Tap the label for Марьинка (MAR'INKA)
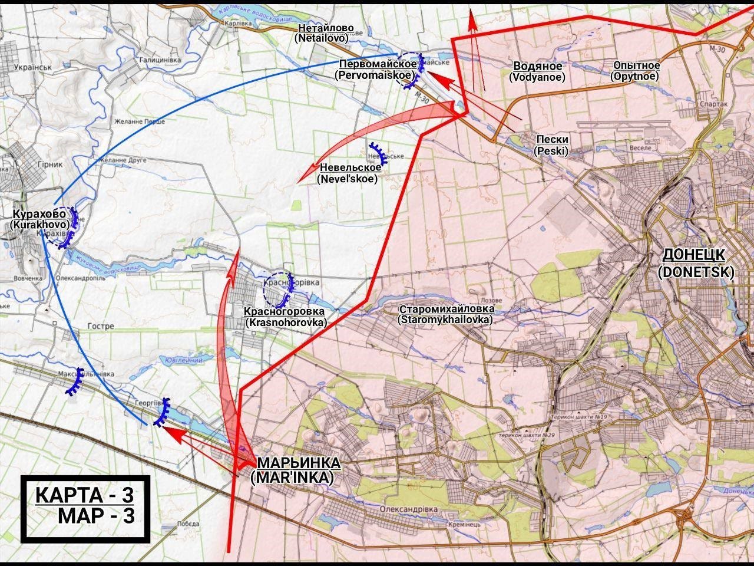coord(292,470)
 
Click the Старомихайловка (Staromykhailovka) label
coord(445,314)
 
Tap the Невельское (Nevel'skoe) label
coord(348,173)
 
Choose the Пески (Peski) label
coord(552,145)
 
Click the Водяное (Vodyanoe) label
coord(537,71)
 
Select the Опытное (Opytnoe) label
coord(636,71)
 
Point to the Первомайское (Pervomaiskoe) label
coord(377,70)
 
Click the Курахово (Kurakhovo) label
coord(39,219)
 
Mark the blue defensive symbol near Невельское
coord(378,153)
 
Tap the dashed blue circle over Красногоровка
coord(278,287)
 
